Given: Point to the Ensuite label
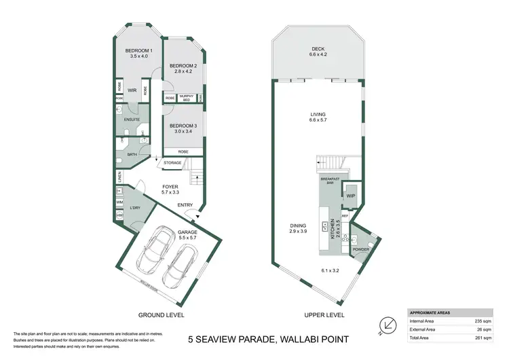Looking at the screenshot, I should pos(132,120).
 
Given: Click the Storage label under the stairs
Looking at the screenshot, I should pos(172,163).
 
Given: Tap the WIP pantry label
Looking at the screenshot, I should pos(351,196).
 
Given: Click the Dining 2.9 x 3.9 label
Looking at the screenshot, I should pos(298,228).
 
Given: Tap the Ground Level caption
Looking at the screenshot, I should pos(161,315).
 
